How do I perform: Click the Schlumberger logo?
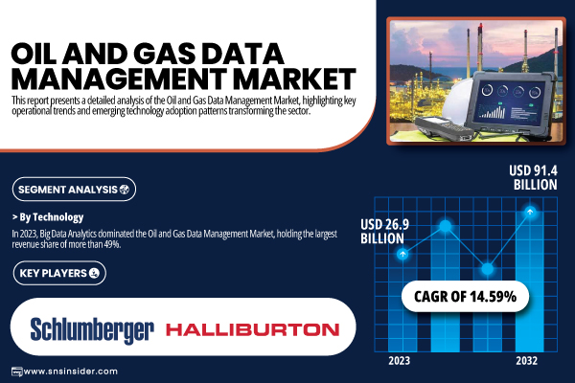92,330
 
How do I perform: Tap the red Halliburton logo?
253,329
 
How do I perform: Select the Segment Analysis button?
74,190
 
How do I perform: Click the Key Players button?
59,273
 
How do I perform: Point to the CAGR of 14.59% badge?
465,297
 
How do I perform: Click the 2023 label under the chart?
399,361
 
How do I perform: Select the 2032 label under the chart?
526,361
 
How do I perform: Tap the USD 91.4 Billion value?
533,177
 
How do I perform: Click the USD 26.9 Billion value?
384,232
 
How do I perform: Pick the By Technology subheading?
48,217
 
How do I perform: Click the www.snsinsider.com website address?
70,372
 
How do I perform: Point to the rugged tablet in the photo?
514,104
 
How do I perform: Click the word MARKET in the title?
295,79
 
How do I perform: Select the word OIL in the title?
34,54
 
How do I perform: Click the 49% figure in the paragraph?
112,244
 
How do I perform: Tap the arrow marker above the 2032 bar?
530,212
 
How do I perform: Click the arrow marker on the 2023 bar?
402,254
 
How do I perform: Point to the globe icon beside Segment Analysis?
125,190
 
